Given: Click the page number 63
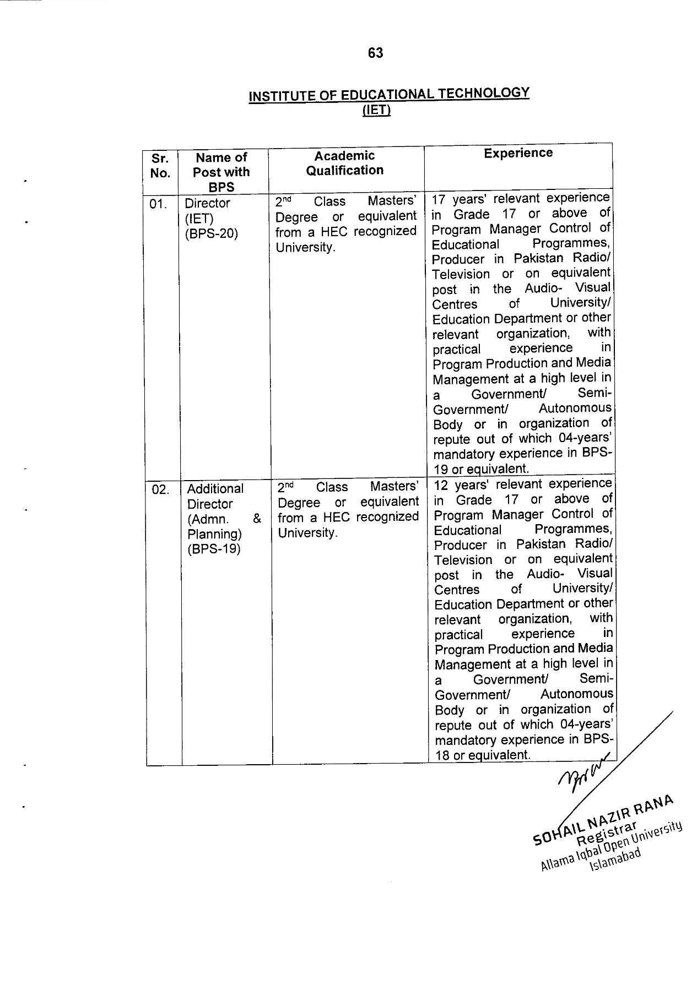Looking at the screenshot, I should click(x=375, y=53).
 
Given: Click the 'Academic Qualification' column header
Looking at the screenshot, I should click(x=345, y=163).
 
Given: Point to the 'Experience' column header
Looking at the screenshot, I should click(x=518, y=153).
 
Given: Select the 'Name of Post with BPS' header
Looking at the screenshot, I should click(x=221, y=172).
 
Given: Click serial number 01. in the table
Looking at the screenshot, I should click(x=158, y=204).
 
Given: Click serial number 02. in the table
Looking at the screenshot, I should click(x=160, y=489).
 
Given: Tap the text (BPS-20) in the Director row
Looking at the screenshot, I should click(x=211, y=233).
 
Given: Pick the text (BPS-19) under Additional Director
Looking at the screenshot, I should click(x=214, y=549).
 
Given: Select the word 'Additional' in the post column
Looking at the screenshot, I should click(x=215, y=489).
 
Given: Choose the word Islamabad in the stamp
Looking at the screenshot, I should click(x=615, y=861).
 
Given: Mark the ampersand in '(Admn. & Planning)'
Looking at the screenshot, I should click(x=257, y=519).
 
